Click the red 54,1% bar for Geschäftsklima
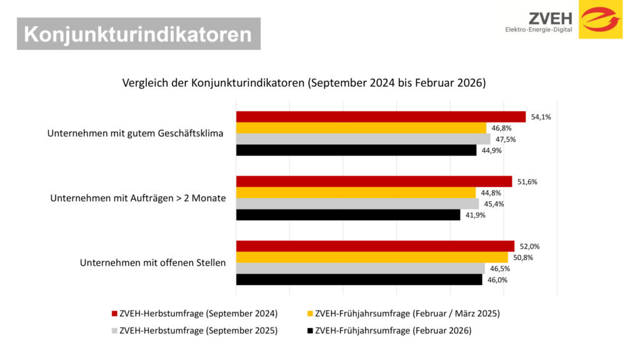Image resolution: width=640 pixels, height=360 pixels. pyautogui.click(x=380, y=117)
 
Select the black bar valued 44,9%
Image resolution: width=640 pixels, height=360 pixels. pyautogui.click(x=356, y=150)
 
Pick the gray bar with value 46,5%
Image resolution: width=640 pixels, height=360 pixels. pyautogui.click(x=360, y=268)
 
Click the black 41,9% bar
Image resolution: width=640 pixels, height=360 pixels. pyautogui.click(x=348, y=215)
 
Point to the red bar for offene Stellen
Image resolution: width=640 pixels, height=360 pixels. pyautogui.click(x=375, y=246)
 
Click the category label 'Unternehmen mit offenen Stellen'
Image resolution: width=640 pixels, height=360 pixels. pyautogui.click(x=152, y=263)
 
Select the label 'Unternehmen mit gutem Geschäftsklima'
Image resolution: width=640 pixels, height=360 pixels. pyautogui.click(x=136, y=134)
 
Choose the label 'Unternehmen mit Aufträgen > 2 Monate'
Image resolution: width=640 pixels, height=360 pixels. pyautogui.click(x=137, y=198)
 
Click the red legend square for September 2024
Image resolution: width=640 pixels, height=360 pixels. pyautogui.click(x=114, y=313)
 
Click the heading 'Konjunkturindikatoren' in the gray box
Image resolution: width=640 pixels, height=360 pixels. pyautogui.click(x=138, y=34)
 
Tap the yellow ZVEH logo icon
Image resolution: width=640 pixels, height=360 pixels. pyautogui.click(x=600, y=19)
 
